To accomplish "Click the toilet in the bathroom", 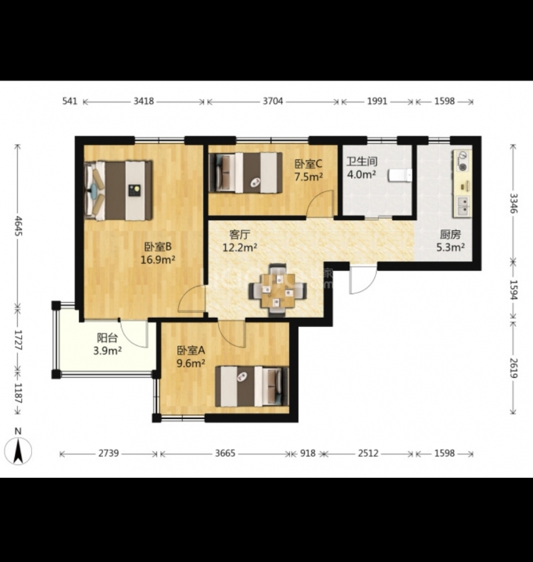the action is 399,176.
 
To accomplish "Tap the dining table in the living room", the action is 278,290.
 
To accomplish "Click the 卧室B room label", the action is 158,247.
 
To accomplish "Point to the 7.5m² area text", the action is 309,176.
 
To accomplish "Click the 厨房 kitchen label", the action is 450,234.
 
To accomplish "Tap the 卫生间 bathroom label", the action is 361,162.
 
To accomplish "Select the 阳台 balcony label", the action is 107,338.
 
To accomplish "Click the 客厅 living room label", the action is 239,235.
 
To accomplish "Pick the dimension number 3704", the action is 273,101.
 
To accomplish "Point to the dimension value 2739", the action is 109,454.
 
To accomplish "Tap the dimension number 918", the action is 308,454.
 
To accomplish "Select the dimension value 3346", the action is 514,203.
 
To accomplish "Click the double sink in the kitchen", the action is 463,206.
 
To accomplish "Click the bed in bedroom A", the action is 252,386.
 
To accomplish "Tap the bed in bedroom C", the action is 245,173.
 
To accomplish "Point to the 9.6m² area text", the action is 191,364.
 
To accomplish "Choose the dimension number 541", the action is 70,101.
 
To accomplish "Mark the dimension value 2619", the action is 514,368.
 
